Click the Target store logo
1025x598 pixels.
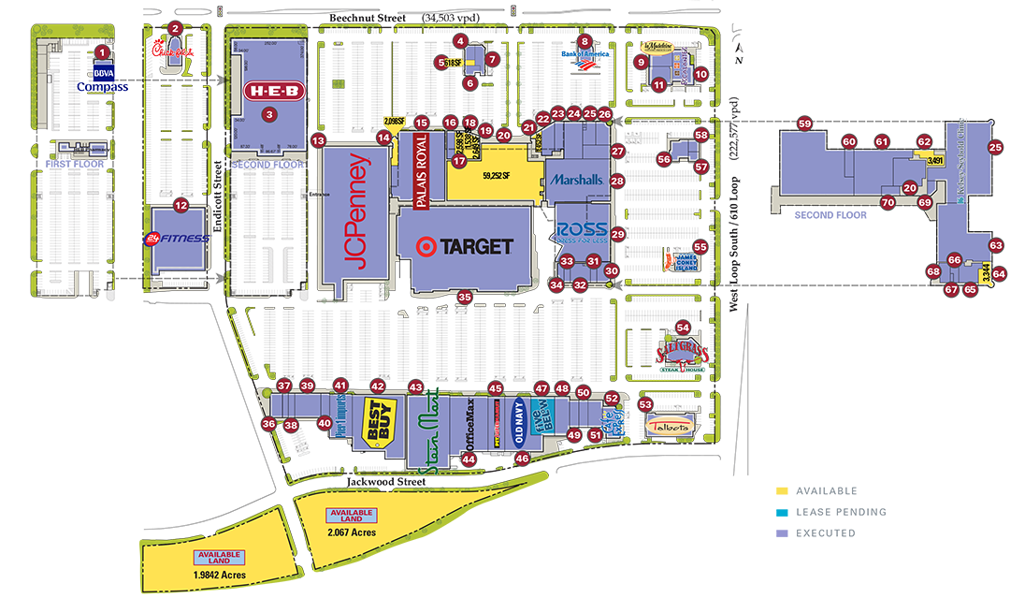[466, 247]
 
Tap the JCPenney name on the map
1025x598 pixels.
[356, 211]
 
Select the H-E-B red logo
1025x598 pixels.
[274, 92]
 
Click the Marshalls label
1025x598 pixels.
[577, 179]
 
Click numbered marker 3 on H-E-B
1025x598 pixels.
[271, 115]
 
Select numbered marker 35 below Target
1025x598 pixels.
[465, 298]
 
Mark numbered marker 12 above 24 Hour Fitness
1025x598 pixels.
[181, 206]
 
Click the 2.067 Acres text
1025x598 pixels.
[351, 532]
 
